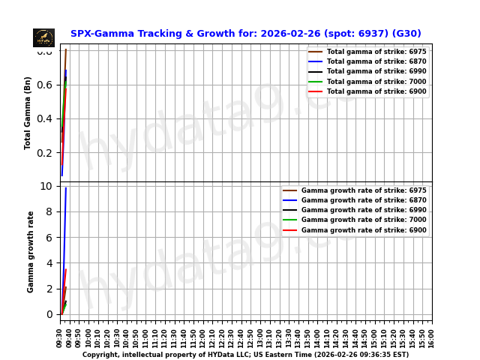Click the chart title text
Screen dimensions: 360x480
point(245,34)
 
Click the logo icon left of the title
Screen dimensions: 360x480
point(43,37)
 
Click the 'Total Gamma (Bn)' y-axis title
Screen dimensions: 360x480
point(28,112)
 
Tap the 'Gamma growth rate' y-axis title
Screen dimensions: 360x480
point(31,251)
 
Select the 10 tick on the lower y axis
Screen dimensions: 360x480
point(46,186)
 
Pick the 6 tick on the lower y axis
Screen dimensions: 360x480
point(49,238)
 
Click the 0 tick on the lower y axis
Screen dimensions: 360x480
point(49,315)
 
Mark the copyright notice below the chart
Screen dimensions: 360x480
point(245,355)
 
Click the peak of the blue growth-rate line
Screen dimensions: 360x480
point(66,187)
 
